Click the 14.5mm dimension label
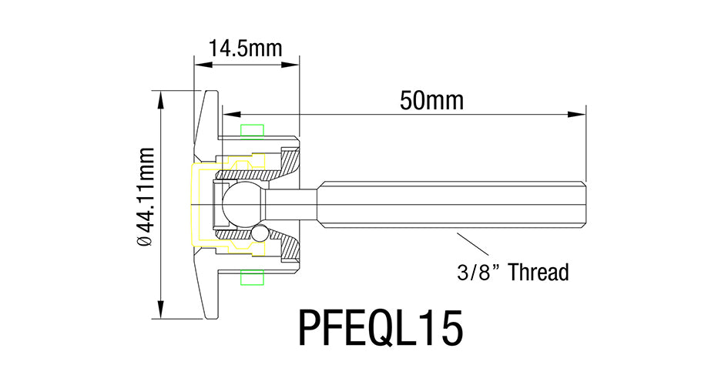[246, 49]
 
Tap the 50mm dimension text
[431, 101]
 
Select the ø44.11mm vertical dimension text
[146, 196]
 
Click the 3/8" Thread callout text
[513, 272]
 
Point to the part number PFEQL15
[381, 328]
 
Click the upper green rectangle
[253, 132]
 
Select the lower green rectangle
[253, 277]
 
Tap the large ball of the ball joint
[241, 204]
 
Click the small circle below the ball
[260, 233]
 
